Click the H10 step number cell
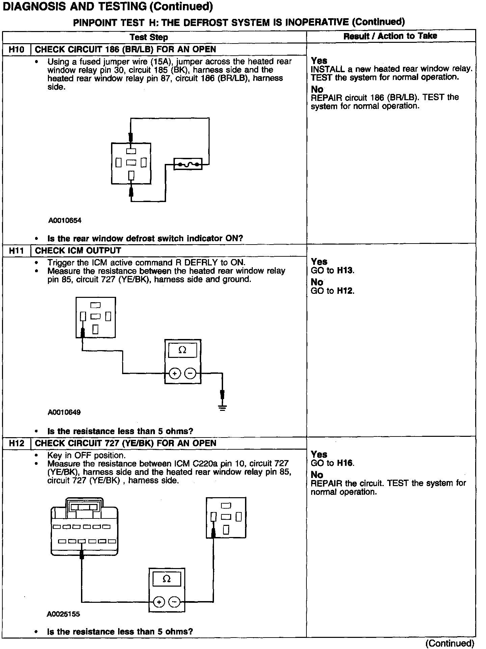(x=16, y=50)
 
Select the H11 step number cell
(x=16, y=251)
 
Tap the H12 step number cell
(x=16, y=443)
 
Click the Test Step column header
(x=149, y=37)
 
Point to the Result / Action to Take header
(x=390, y=36)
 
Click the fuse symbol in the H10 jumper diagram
(x=188, y=164)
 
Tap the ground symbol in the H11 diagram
(x=222, y=407)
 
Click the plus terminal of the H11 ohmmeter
(x=174, y=373)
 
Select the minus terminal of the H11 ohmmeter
(x=190, y=373)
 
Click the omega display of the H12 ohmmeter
(x=167, y=579)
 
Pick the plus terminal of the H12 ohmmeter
(x=159, y=602)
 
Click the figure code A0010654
(x=65, y=221)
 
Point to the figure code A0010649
(x=64, y=412)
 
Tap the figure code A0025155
(x=63, y=614)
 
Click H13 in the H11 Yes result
(x=345, y=271)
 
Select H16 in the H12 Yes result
(x=345, y=463)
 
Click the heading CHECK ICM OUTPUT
(x=78, y=251)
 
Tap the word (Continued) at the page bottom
(x=450, y=643)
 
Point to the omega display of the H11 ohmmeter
(x=182, y=350)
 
